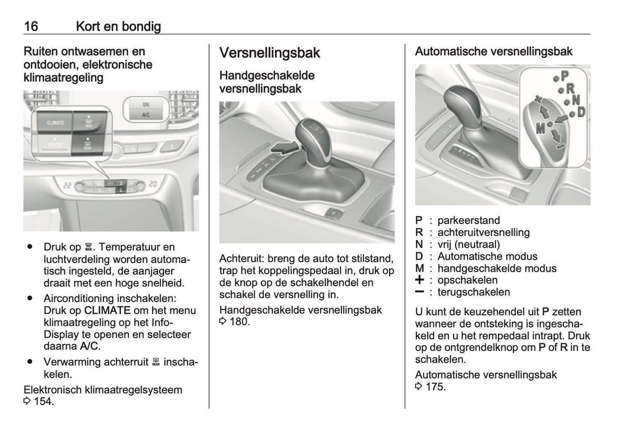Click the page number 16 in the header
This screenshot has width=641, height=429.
point(31,26)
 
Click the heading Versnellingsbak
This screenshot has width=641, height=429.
point(270,53)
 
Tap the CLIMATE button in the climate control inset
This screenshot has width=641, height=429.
point(55,123)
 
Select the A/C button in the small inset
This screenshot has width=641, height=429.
point(146,115)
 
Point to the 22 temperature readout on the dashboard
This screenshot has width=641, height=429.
point(67,185)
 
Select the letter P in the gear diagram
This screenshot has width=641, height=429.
point(564,76)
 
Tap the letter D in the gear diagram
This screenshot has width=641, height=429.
point(581,112)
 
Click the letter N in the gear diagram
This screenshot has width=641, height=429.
point(576,100)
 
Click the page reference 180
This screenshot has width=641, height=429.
point(240,322)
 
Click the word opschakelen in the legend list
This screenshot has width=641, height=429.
point(467,280)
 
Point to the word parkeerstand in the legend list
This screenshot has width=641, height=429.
point(468,220)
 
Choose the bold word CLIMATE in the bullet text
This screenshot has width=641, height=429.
point(107,310)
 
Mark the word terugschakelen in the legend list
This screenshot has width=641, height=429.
point(473,292)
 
